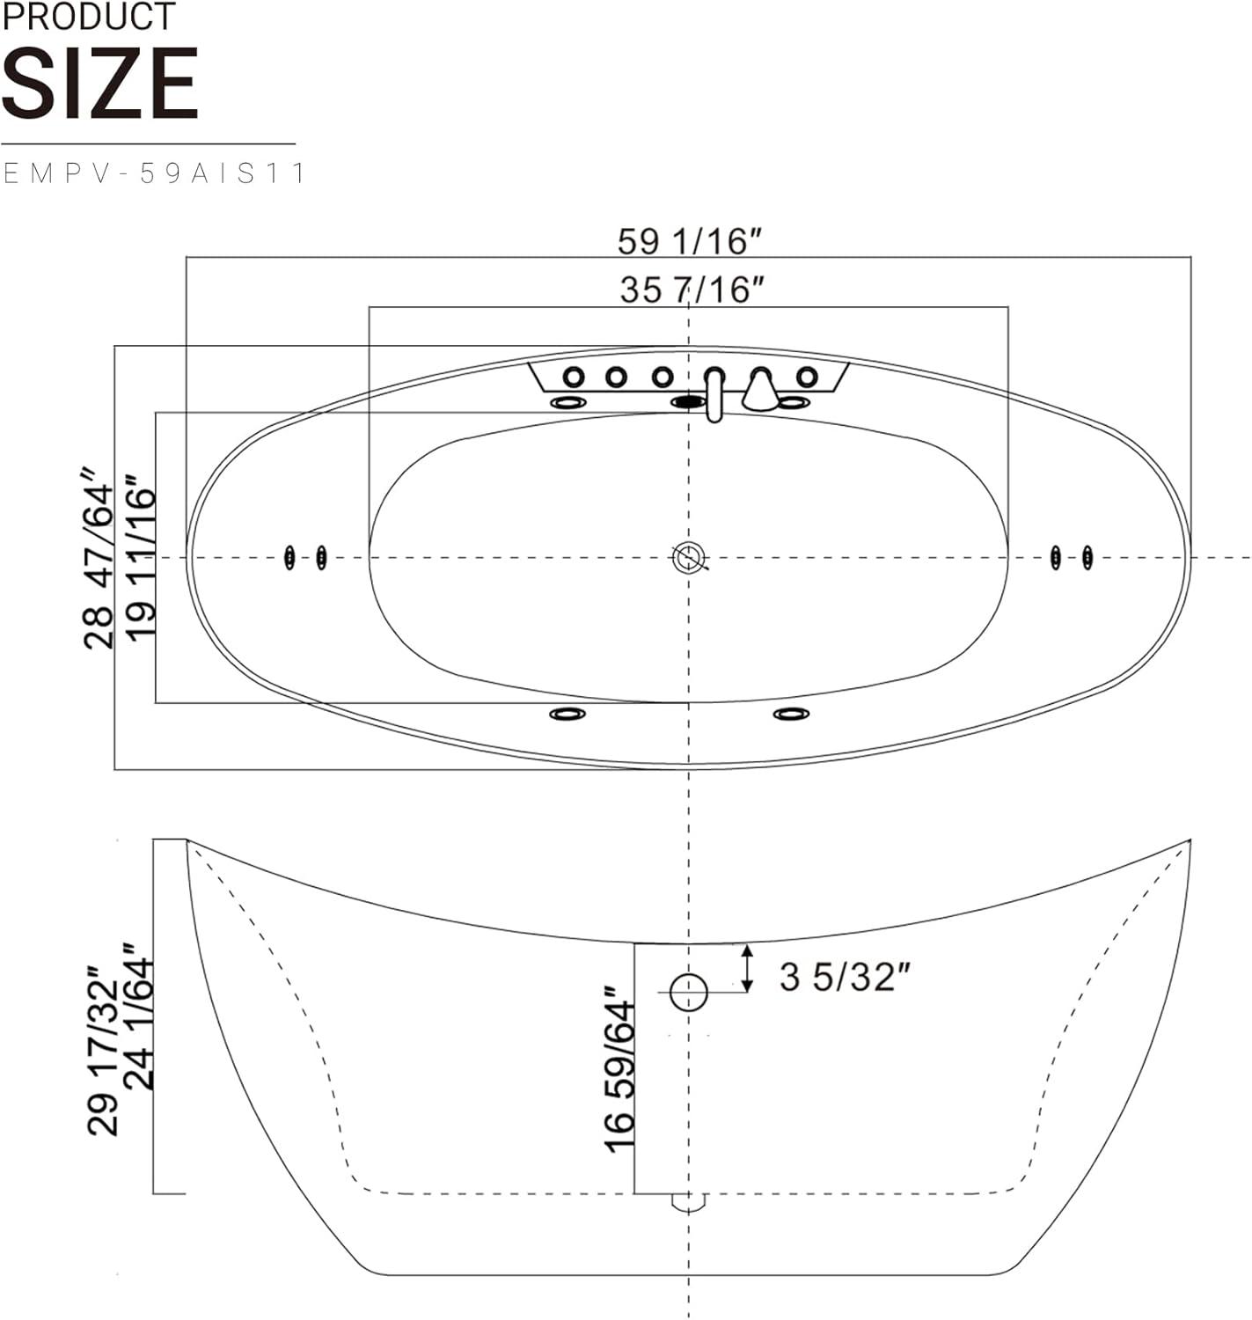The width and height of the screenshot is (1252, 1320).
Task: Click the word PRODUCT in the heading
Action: click(x=89, y=16)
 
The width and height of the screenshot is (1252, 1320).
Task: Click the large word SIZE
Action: click(x=100, y=84)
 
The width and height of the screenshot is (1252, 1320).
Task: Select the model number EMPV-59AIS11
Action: click(x=154, y=173)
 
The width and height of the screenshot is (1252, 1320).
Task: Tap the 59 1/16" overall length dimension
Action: click(x=690, y=242)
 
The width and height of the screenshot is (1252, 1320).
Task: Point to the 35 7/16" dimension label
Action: click(x=692, y=290)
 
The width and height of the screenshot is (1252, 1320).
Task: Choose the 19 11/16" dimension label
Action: click(x=140, y=558)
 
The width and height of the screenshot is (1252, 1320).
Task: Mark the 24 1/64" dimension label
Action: click(x=139, y=1016)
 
